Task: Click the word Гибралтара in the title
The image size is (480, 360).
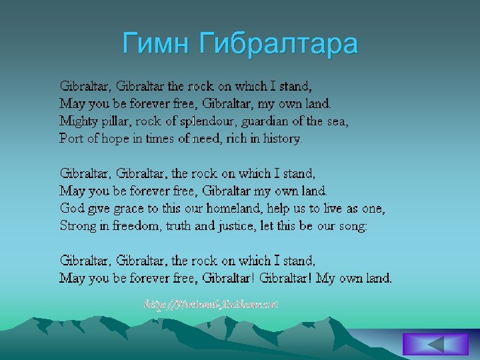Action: (x=279, y=44)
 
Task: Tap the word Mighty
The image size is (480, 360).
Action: (x=78, y=121)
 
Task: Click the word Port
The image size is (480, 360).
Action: (x=71, y=139)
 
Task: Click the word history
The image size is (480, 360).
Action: (x=282, y=139)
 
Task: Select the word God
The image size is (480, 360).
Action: (x=71, y=209)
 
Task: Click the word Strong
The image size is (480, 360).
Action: (x=78, y=226)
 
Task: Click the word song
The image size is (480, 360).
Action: (x=351, y=226)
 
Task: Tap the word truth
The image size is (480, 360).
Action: (x=179, y=226)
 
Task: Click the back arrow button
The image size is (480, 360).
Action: (x=435, y=345)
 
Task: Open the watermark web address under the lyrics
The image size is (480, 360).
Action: (x=211, y=304)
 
